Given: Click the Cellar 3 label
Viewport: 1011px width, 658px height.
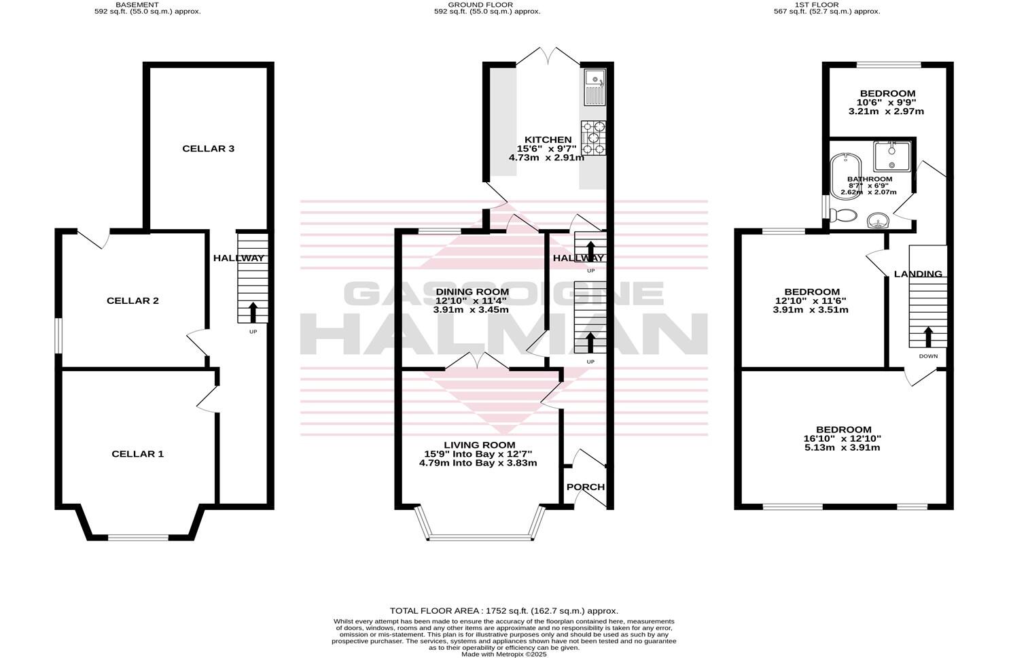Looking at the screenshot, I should pos(208,148).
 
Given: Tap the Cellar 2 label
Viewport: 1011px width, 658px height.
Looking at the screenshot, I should pos(132,300).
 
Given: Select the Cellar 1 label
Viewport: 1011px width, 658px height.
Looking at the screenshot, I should pos(137,453).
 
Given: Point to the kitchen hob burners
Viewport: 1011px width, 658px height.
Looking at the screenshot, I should pos(593,138).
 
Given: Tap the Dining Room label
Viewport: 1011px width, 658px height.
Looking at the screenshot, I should pos(472,292).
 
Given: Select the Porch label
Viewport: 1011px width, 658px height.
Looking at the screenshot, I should pos(585,487).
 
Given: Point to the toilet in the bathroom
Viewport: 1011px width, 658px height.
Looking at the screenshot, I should pos(842,215).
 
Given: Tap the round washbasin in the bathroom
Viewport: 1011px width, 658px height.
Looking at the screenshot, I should pos(879,220).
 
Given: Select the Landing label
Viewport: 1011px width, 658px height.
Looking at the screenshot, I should pos(918,274).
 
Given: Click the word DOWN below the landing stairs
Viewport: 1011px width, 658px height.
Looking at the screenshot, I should pos(928,356).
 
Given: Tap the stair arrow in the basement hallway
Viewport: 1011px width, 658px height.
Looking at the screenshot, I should pos(253,312).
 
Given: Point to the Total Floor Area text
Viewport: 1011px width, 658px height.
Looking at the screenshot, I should pos(503,611).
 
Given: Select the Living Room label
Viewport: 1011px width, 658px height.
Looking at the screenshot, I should pos(479,445).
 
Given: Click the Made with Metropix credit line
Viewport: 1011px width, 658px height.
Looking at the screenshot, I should pos(503,655).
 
